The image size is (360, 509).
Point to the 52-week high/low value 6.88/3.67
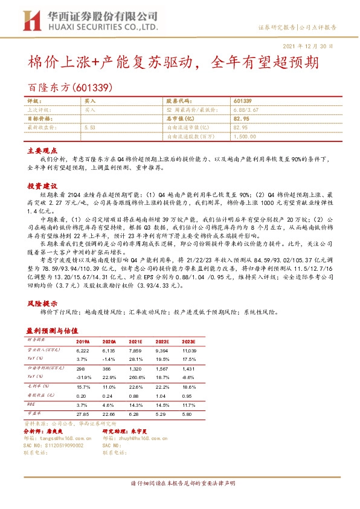coord(246,110)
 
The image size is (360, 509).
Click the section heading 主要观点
coord(40,151)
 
